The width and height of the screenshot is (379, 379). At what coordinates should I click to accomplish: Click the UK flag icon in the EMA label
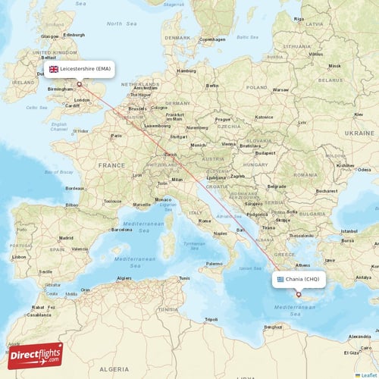click(54, 69)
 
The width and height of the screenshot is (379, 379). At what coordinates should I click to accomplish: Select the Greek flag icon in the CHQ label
click(281, 279)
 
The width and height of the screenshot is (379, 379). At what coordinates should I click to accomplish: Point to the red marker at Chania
click(299, 295)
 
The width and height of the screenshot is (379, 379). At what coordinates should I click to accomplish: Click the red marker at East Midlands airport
click(79, 84)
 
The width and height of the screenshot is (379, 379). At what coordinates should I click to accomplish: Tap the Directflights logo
click(35, 355)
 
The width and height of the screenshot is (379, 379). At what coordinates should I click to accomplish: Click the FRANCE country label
click(111, 164)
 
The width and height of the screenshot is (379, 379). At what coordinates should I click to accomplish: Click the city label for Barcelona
click(122, 228)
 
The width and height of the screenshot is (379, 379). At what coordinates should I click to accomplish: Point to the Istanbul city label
click(349, 230)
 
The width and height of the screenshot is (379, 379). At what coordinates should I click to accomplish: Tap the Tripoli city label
click(211, 319)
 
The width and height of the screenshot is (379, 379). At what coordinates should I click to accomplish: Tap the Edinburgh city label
click(74, 35)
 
